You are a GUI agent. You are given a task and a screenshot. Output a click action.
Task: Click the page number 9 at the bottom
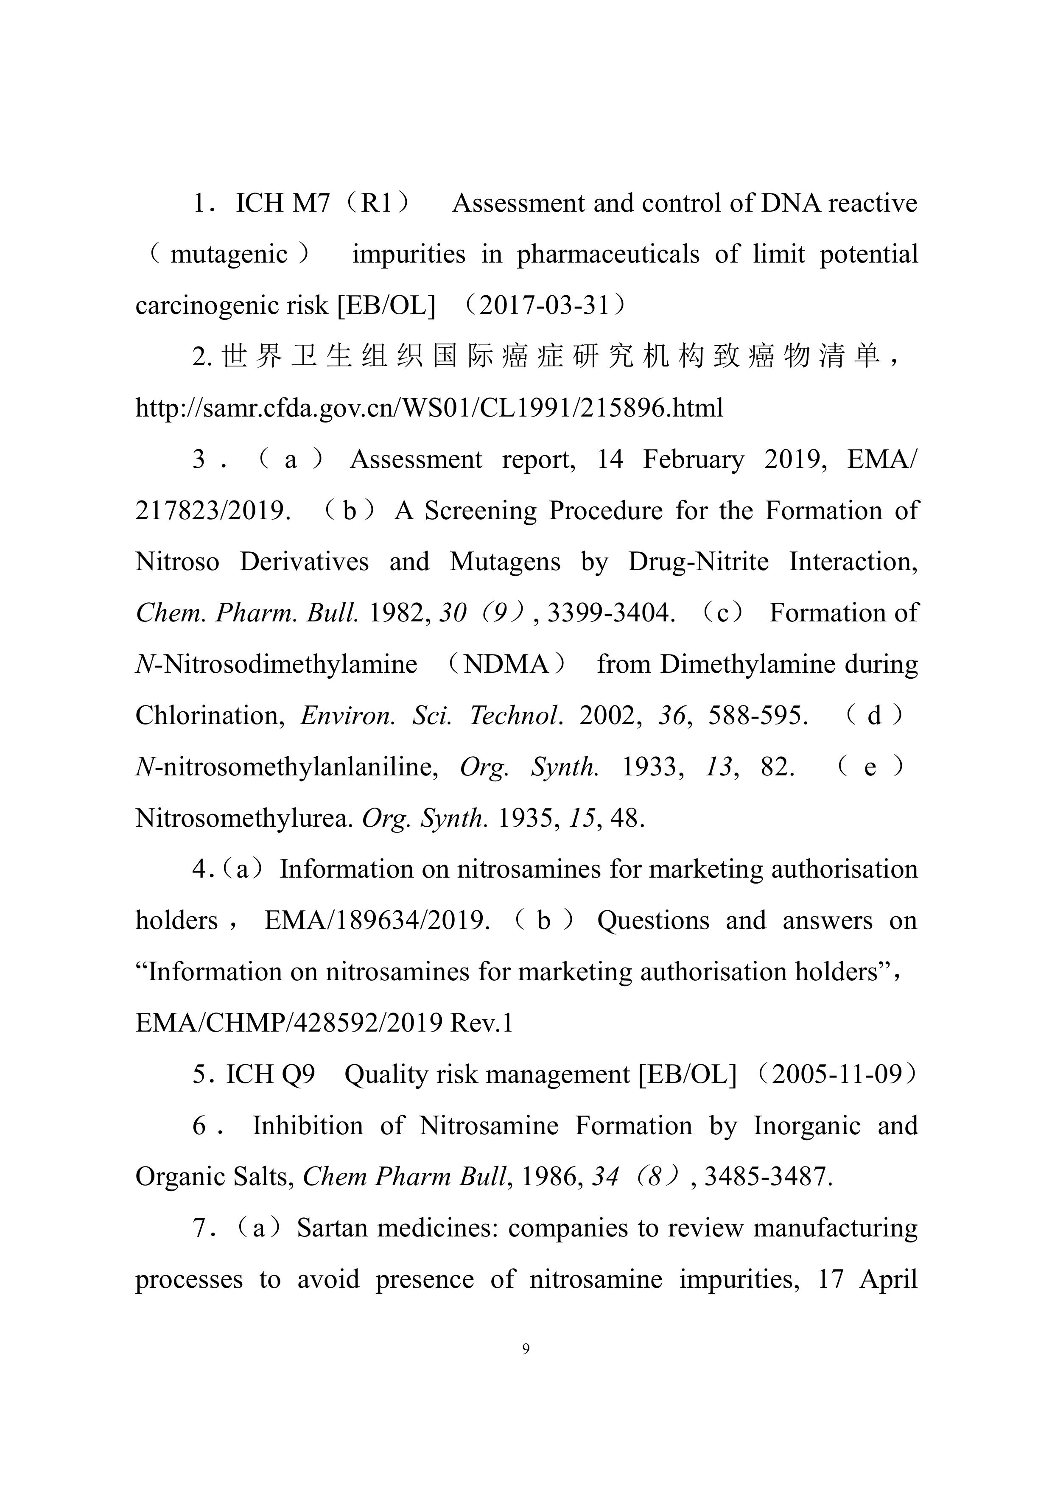(x=526, y=1349)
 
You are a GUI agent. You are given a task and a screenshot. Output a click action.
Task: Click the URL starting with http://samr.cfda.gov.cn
(x=429, y=408)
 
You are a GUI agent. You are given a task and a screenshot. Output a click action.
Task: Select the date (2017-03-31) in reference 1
(x=546, y=305)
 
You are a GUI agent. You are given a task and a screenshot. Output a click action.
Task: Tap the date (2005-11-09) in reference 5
(x=837, y=1074)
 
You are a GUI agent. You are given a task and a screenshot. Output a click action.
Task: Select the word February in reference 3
(x=693, y=459)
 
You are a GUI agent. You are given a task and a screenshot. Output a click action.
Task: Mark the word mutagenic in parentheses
(x=229, y=254)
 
